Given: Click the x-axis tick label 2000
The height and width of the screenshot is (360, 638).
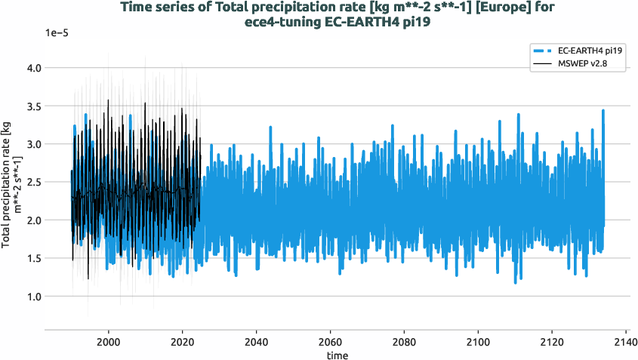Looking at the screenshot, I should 109,340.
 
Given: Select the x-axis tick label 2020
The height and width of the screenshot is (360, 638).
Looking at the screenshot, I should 183,340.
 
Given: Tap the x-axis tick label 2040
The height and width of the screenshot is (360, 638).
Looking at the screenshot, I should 257,340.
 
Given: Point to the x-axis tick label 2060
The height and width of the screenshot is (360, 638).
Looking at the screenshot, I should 331,340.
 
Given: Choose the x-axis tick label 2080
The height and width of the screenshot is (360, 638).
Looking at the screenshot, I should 404,340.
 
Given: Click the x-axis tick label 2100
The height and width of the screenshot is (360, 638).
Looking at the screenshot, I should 478,340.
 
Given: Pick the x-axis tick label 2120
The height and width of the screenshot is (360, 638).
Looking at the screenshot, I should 552,340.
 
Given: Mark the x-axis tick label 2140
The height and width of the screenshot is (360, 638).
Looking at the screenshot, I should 626,340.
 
